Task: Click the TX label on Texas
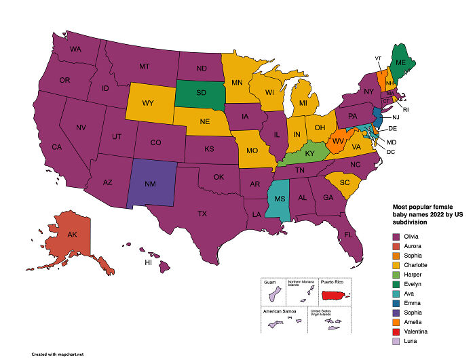point(202,213)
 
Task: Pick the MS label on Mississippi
point(278,201)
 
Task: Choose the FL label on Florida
point(349,235)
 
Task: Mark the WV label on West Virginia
point(336,140)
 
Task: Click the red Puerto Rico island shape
point(339,295)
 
